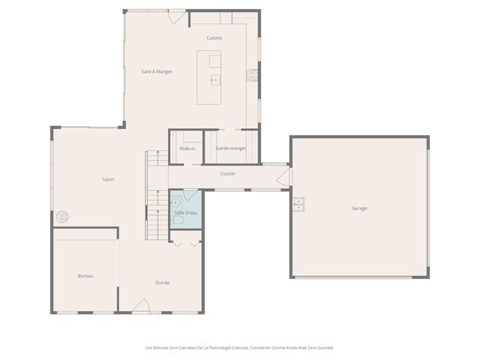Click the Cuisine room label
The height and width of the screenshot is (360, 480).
tap(214, 37)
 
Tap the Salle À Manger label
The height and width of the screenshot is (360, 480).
tap(157, 71)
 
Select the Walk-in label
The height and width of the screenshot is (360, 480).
tap(187, 148)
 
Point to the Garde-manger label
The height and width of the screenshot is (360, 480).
tap(231, 148)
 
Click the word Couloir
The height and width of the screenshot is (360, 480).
tap(228, 174)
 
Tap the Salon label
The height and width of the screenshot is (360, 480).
tap(108, 179)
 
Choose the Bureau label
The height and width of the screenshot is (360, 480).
tap(85, 276)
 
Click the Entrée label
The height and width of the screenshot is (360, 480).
tap(163, 283)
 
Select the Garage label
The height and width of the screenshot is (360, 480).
tap(359, 208)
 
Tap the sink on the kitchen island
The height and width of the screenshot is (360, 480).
tap(214, 79)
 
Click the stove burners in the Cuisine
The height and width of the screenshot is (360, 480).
tap(252, 74)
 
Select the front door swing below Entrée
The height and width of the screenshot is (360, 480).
tap(141, 306)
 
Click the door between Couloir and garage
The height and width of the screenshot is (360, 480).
tap(283, 177)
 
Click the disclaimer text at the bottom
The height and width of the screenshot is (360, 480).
tap(239, 347)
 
